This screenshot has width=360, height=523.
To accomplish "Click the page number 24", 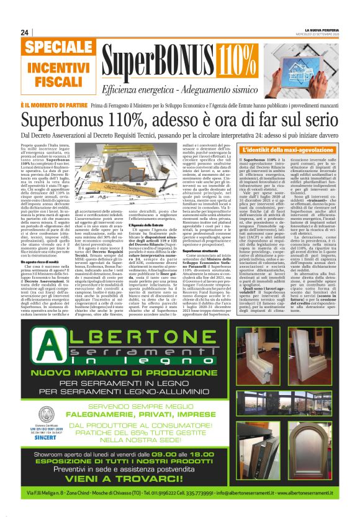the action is point(25,32).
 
